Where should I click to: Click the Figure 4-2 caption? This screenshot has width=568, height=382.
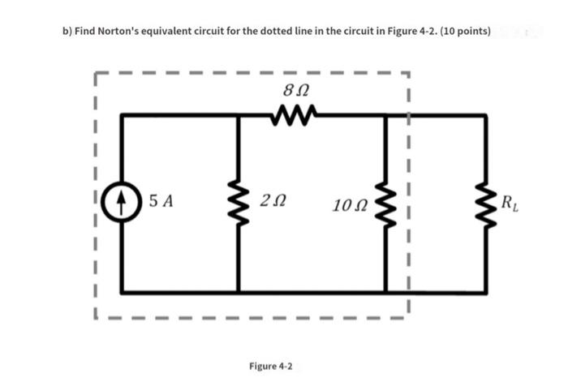(x=271, y=366)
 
